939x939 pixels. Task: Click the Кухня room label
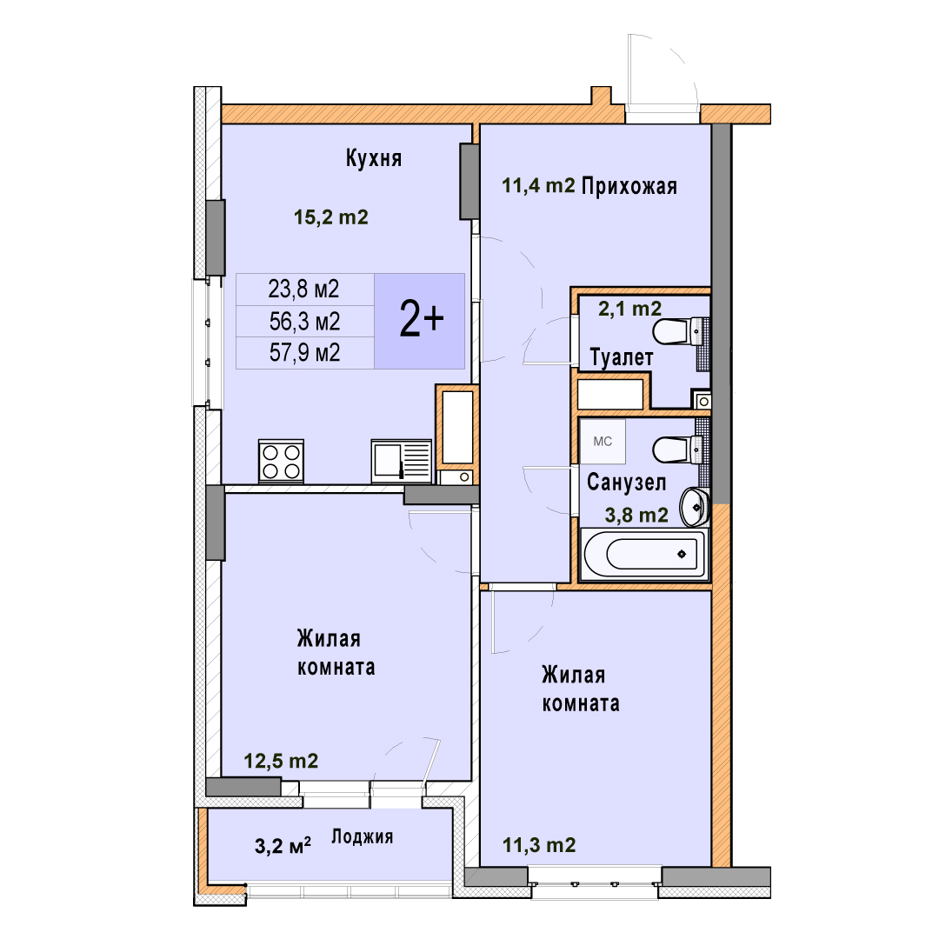pos(374,158)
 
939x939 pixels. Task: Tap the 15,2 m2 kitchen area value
pos(330,216)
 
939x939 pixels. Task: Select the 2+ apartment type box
pos(420,321)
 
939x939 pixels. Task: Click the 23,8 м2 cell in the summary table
pos(303,290)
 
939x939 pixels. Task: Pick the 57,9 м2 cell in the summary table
pos(305,353)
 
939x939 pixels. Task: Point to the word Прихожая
pos(629,186)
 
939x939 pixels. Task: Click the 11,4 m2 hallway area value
pos(538,186)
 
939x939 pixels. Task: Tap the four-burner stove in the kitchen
pos(282,462)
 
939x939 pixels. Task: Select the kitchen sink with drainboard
pos(401,461)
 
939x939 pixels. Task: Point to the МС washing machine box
pos(603,442)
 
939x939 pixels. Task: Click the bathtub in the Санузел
pos(644,553)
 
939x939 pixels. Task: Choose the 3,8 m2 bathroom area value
pos(636,515)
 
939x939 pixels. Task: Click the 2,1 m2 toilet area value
pos(630,309)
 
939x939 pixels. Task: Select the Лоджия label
pos(363,836)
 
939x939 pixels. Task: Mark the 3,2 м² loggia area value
pos(283,846)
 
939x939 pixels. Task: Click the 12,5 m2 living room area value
pos(281,761)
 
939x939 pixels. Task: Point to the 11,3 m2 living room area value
pos(539,845)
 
